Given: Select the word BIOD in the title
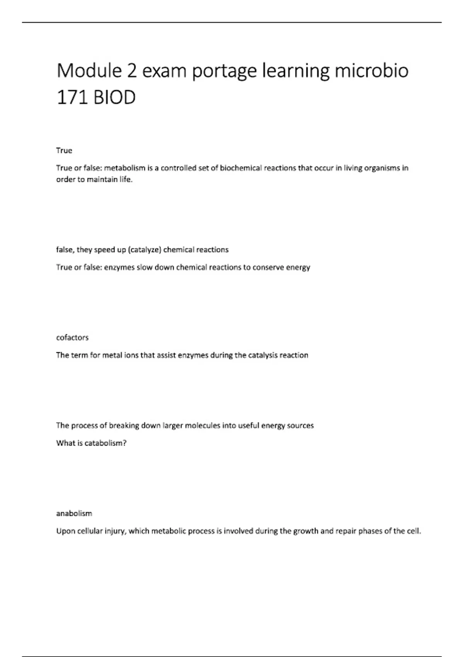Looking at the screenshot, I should (x=114, y=97).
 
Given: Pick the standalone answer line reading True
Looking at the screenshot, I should (x=64, y=150).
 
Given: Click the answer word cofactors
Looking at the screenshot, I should (x=72, y=337).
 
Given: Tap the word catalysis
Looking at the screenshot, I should (x=266, y=356).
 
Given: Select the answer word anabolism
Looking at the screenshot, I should (x=74, y=513).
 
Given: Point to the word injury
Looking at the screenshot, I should (x=115, y=531).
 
